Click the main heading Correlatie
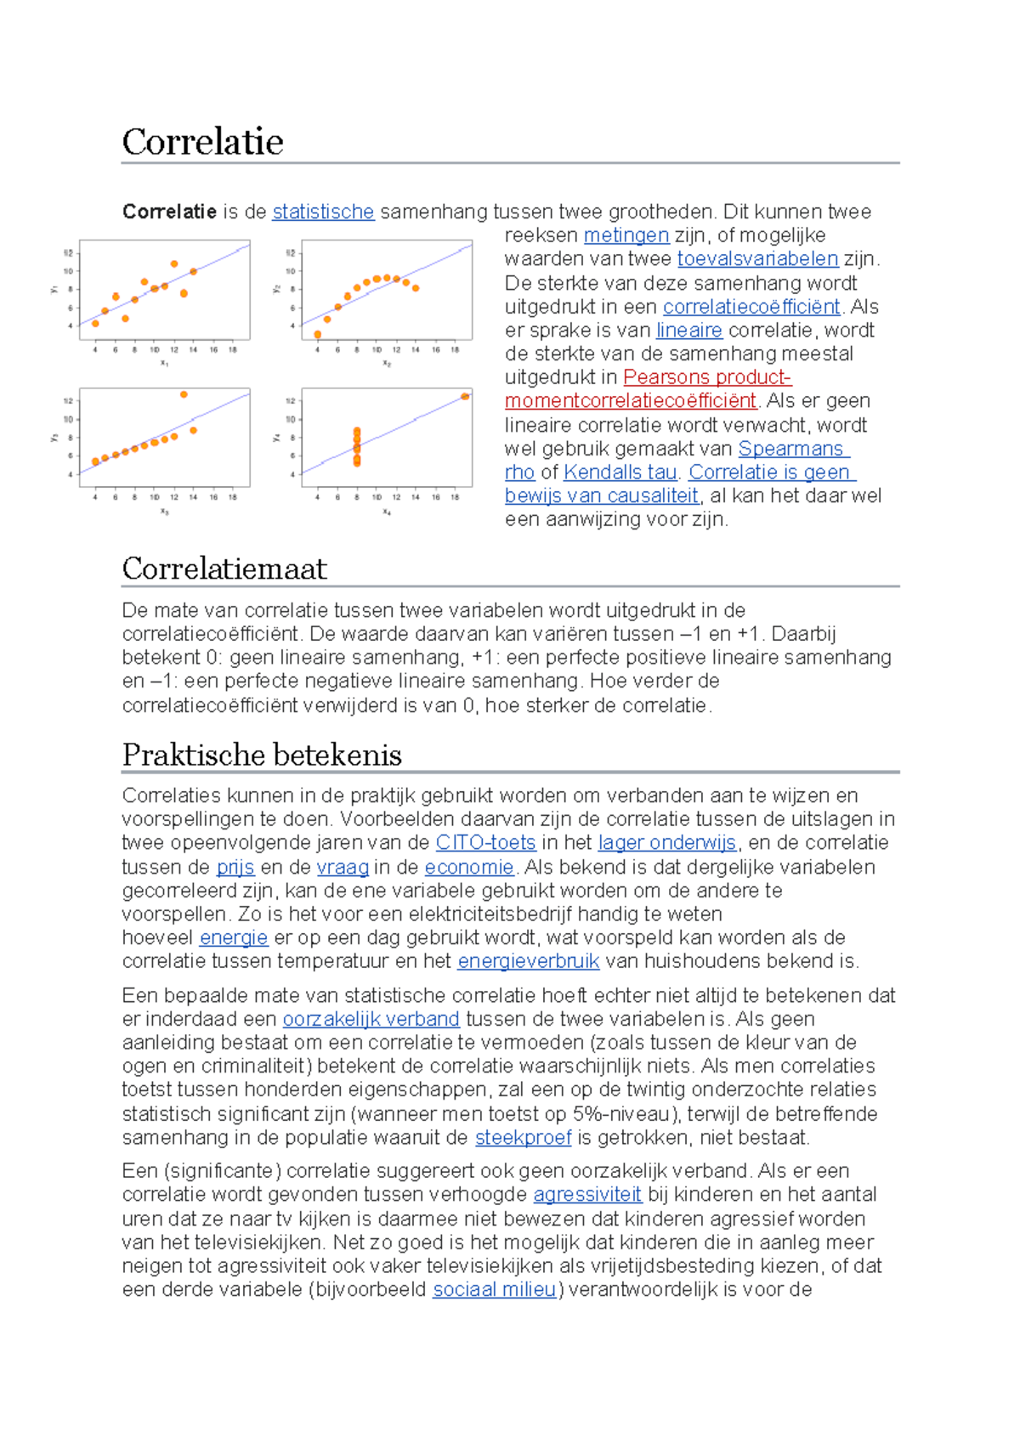(202, 141)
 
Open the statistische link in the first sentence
(323, 212)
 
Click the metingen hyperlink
(626, 235)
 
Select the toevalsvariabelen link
(757, 258)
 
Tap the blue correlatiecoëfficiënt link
(751, 307)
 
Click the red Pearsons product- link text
(707, 377)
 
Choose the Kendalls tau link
(620, 472)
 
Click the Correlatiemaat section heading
(224, 569)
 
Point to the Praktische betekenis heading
(262, 755)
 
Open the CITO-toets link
(485, 842)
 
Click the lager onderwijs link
(667, 842)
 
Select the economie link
(469, 867)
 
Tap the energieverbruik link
(528, 961)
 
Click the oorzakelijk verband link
(371, 1019)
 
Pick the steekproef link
(523, 1137)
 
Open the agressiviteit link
(587, 1194)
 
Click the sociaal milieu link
(494, 1289)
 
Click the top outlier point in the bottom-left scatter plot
(184, 394)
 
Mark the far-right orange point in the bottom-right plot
(465, 397)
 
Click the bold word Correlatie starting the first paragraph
(169, 212)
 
